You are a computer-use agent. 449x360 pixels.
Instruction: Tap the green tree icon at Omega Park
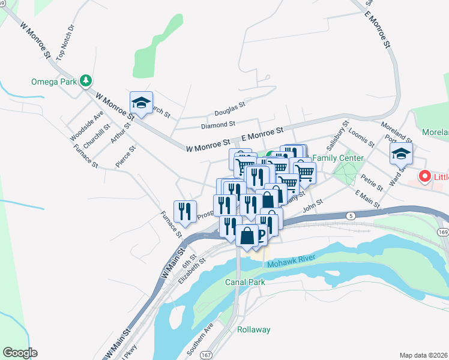[x=86, y=80]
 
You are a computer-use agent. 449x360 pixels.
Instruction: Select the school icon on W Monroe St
[x=141, y=103]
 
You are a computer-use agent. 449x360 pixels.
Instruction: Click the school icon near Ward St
[x=401, y=154]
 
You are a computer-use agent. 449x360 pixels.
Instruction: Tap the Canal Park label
[x=245, y=281]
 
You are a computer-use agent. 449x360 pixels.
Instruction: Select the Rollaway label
[x=253, y=329]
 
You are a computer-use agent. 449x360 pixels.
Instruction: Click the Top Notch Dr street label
[x=65, y=43]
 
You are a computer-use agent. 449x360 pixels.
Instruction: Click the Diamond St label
[x=218, y=125]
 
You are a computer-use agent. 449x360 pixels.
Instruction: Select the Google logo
[x=20, y=353]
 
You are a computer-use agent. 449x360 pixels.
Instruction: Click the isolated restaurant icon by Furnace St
[x=185, y=211]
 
